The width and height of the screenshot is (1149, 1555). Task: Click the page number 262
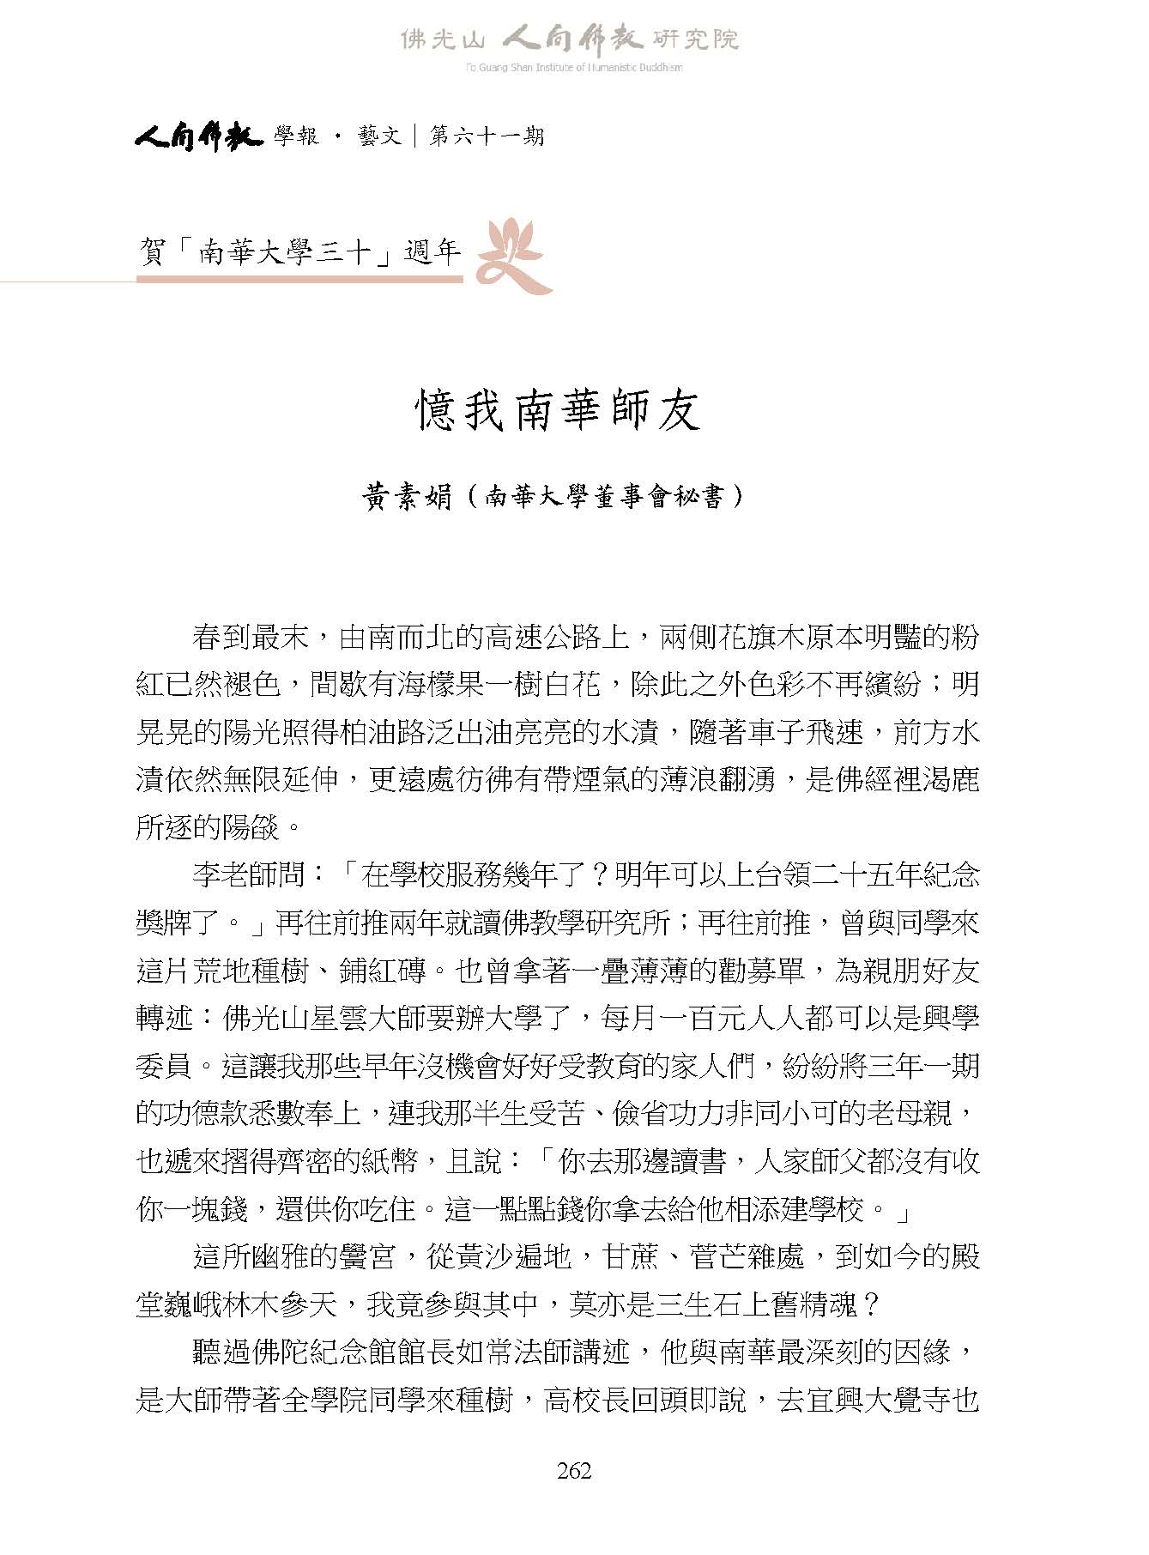574,1472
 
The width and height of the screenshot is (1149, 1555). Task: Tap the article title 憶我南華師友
559,410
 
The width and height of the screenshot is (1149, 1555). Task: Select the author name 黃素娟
408,498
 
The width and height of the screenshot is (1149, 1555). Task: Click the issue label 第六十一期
486,136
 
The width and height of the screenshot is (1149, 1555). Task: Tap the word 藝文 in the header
379,136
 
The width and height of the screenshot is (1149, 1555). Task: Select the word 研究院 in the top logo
697,39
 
